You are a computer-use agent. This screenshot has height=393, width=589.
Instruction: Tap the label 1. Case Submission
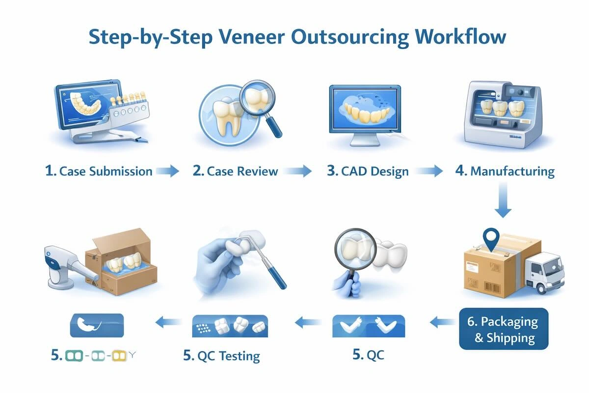(x=98, y=171)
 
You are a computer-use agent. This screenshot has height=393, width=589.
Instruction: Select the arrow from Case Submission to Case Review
(x=167, y=171)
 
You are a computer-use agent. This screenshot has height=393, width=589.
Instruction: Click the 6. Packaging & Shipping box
(x=503, y=330)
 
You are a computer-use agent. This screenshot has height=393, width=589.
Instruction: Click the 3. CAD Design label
(x=368, y=171)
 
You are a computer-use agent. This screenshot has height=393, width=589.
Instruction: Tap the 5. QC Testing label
(x=221, y=356)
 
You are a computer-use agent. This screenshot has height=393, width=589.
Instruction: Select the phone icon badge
(x=97, y=326)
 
